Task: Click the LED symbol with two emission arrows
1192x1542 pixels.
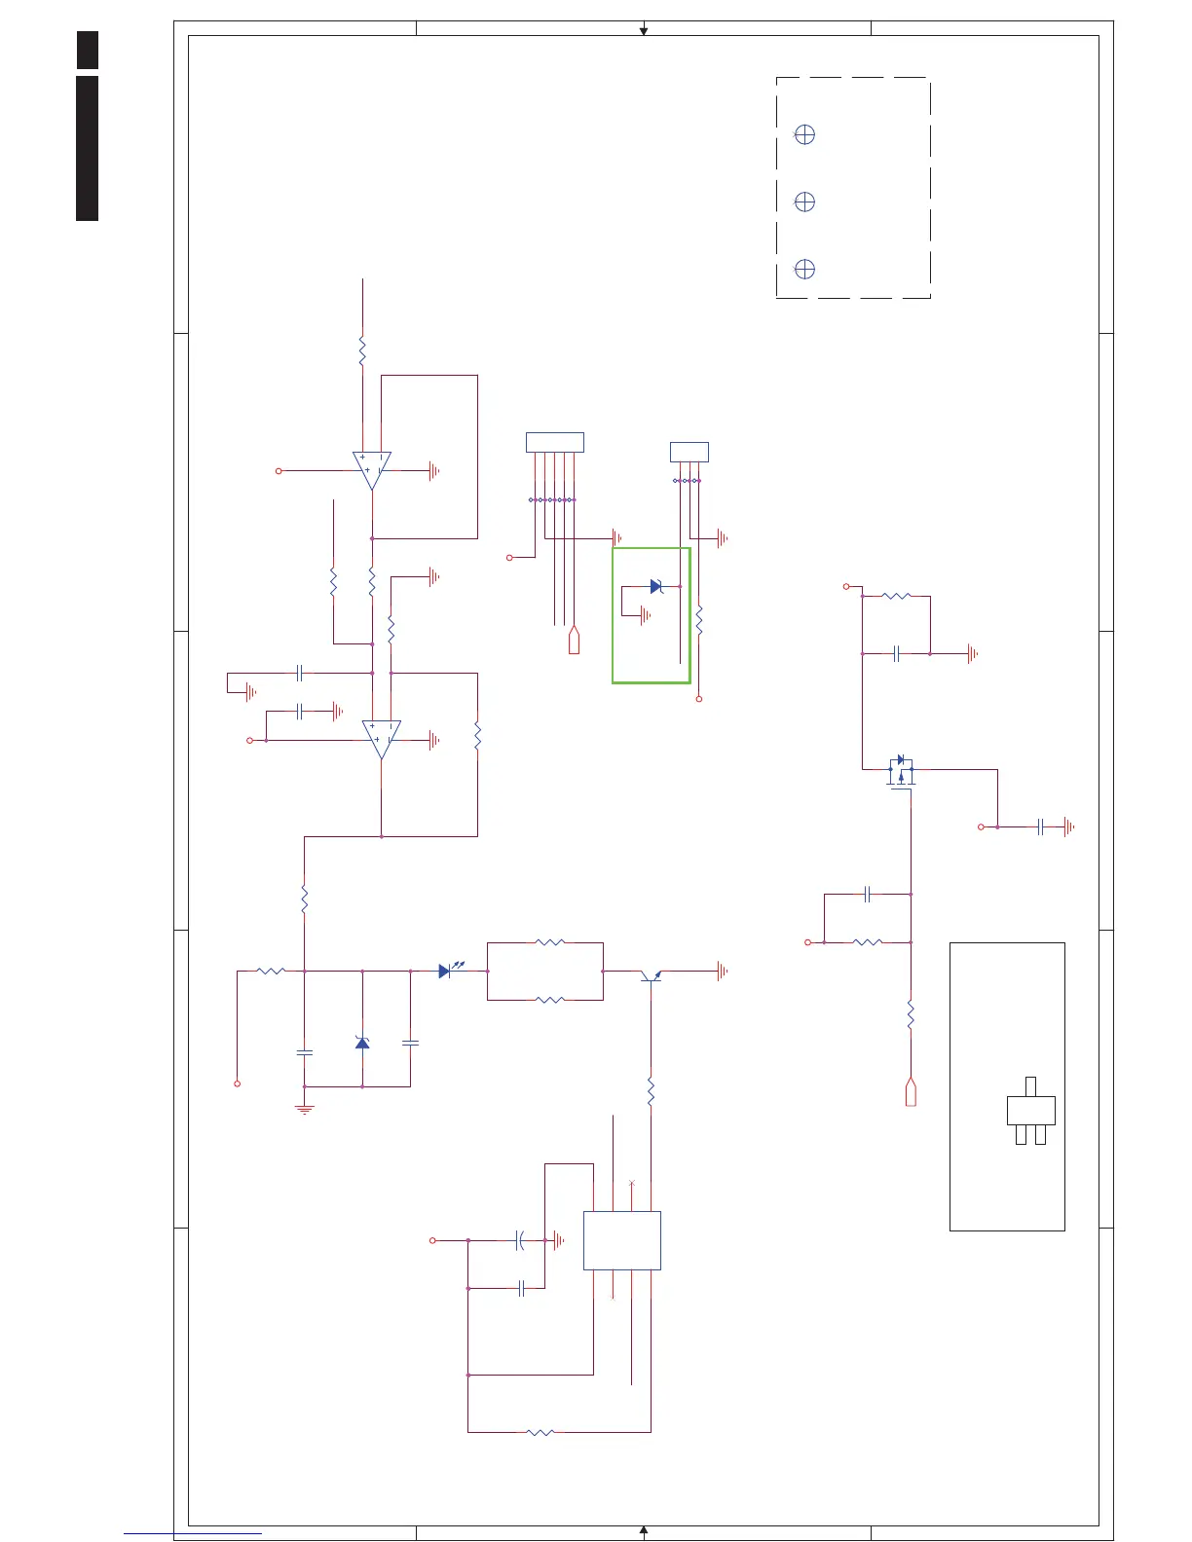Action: pyautogui.click(x=446, y=971)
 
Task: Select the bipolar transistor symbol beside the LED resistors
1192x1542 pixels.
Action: pyautogui.click(x=651, y=974)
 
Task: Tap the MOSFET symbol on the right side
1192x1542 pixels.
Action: pyautogui.click(x=901, y=771)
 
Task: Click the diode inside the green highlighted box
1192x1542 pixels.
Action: pyautogui.click(x=656, y=587)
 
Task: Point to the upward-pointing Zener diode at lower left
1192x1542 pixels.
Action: pyautogui.click(x=362, y=1043)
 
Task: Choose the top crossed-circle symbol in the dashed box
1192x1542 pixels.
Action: pyautogui.click(x=804, y=135)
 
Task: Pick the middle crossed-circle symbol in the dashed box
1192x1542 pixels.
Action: pyautogui.click(x=804, y=202)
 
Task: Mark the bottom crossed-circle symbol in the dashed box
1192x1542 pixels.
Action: pyautogui.click(x=804, y=269)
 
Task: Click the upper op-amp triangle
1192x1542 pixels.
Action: pyautogui.click(x=371, y=468)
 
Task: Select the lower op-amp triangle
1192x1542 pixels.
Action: pyautogui.click(x=381, y=738)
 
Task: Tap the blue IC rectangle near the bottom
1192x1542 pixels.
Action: pyautogui.click(x=621, y=1240)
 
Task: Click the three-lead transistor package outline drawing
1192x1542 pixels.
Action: pyautogui.click(x=1030, y=1111)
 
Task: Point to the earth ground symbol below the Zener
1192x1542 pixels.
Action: pyautogui.click(x=305, y=1108)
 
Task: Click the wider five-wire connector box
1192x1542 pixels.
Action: pyautogui.click(x=554, y=443)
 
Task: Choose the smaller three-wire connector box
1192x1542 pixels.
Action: pyautogui.click(x=689, y=452)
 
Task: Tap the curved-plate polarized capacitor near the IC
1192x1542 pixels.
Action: pyautogui.click(x=520, y=1240)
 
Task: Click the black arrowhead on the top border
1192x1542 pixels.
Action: pyautogui.click(x=644, y=31)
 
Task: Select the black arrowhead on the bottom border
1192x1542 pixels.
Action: pyautogui.click(x=644, y=1530)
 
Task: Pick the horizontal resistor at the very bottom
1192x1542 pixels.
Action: pyautogui.click(x=540, y=1432)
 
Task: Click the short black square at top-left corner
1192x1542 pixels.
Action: pyautogui.click(x=88, y=50)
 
